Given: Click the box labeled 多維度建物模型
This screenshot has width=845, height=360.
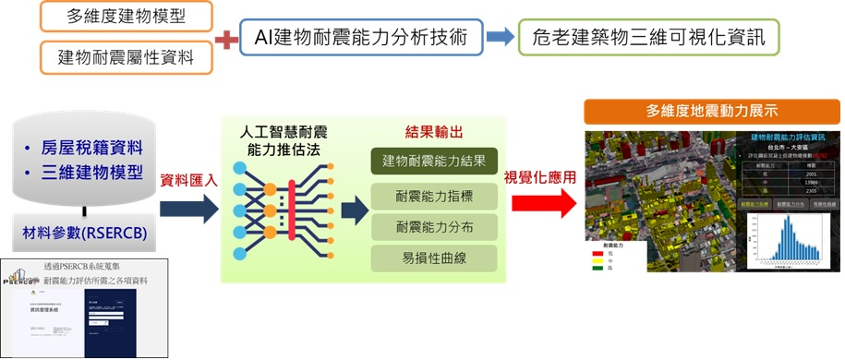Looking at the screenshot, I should (x=127, y=17).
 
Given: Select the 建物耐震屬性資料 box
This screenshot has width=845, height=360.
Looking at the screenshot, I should (x=127, y=57).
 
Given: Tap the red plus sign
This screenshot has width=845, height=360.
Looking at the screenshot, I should (x=226, y=39).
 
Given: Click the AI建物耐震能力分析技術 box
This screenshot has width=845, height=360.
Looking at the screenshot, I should (x=360, y=39).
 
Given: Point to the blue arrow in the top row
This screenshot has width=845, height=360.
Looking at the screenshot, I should (x=501, y=39).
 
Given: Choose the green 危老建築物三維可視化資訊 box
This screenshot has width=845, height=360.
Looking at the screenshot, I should (x=647, y=39).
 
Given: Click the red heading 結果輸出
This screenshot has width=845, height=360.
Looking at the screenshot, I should (x=433, y=133).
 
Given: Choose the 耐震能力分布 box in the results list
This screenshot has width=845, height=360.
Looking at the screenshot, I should (x=434, y=226).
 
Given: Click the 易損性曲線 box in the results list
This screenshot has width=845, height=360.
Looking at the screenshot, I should (x=434, y=258).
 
